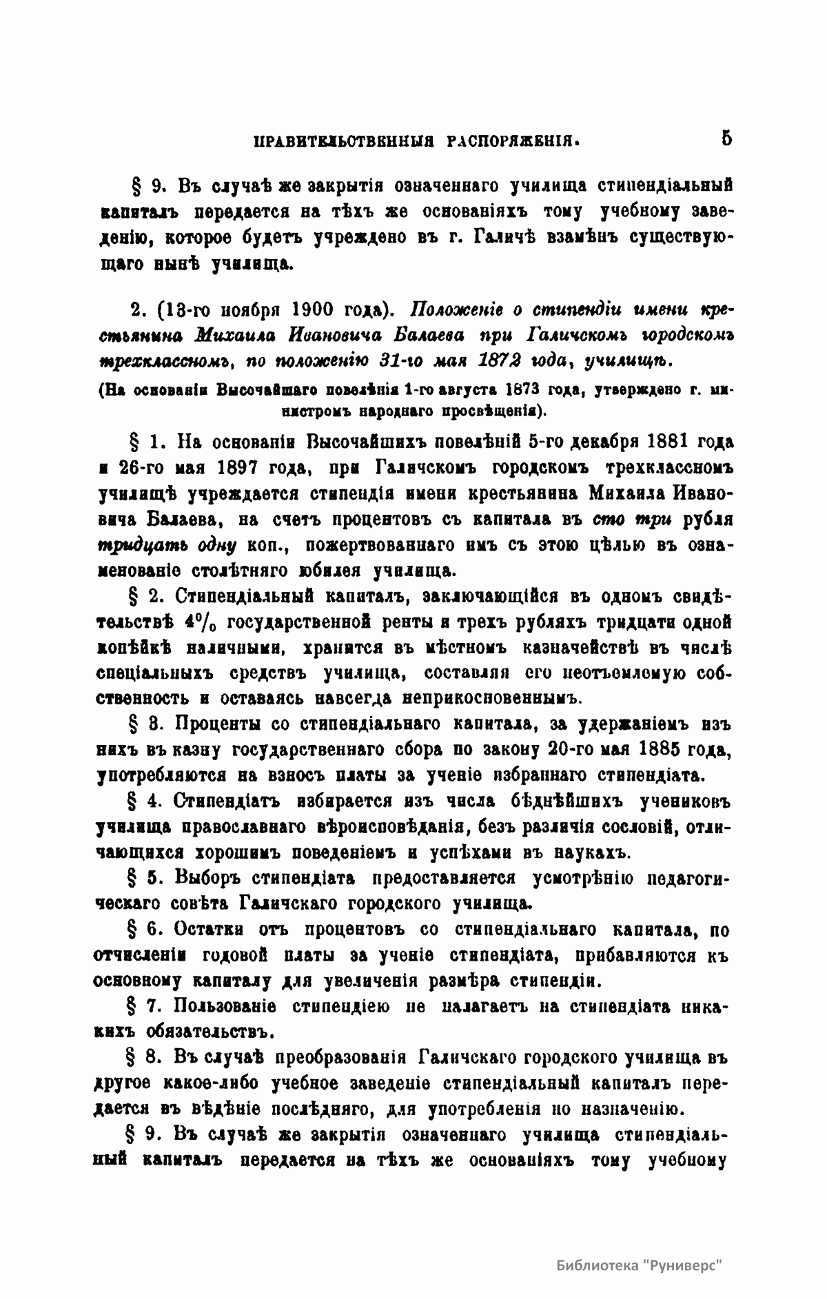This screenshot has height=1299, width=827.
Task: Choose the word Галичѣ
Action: pos(520,238)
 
